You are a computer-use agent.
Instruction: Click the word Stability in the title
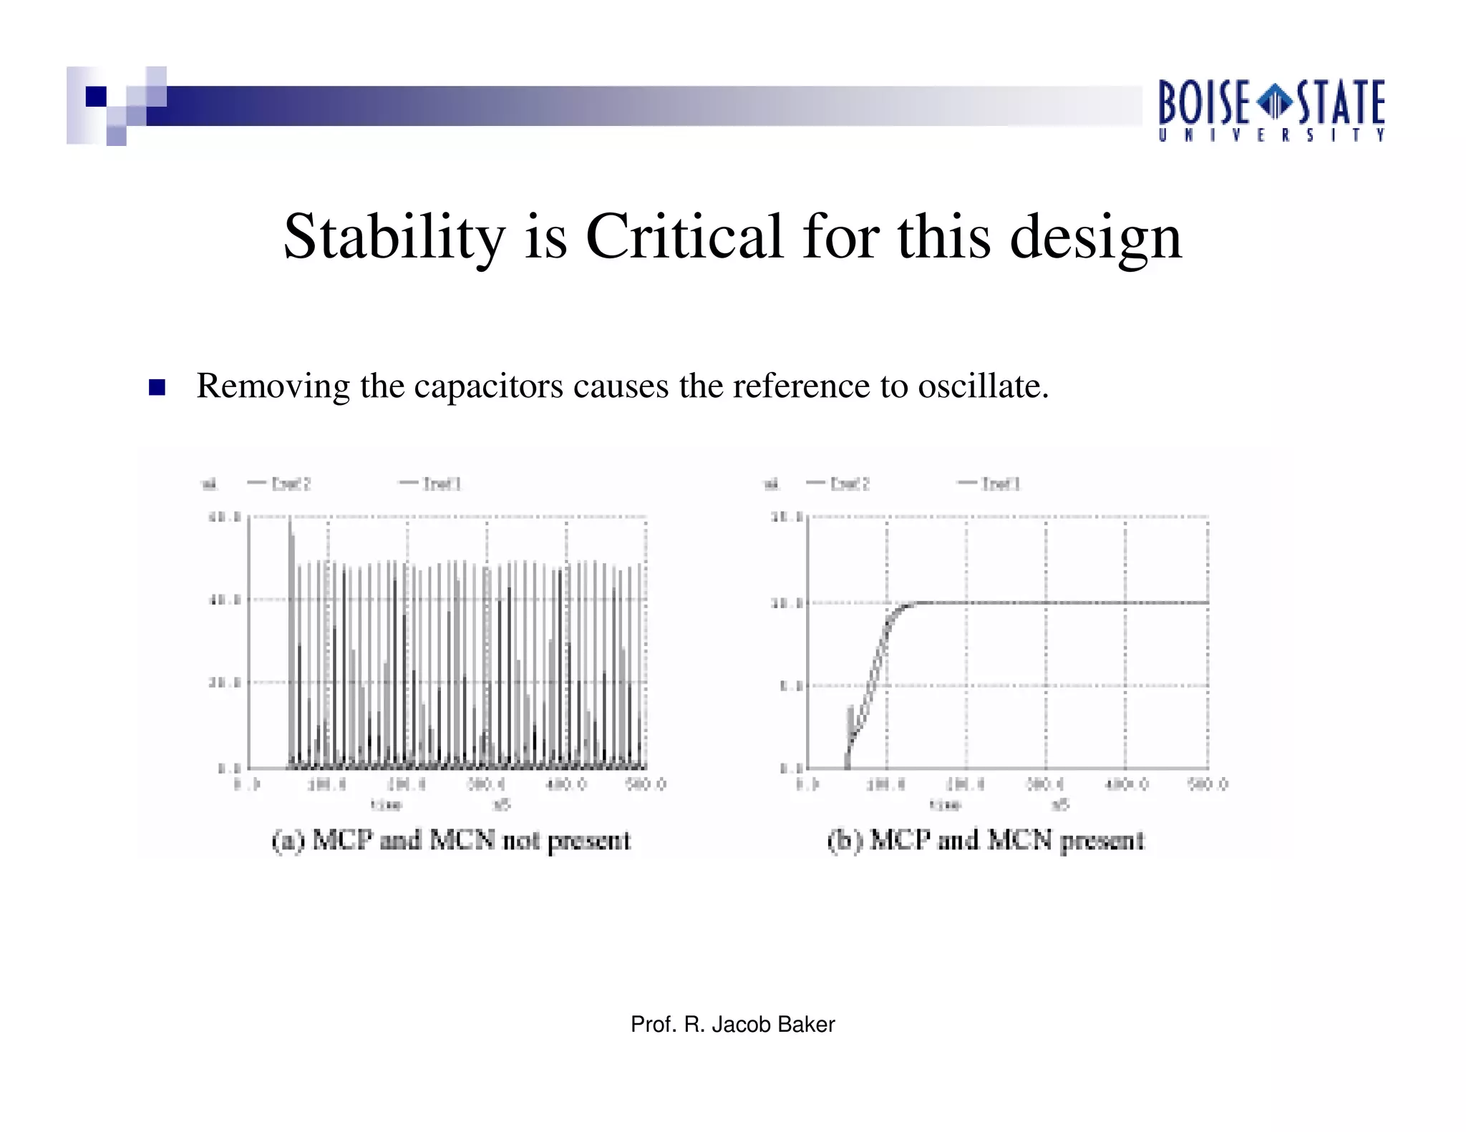394,238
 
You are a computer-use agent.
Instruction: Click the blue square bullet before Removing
157,387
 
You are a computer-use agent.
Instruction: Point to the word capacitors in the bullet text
488,386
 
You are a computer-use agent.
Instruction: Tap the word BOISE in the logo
1204,103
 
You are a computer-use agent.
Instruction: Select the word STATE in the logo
1341,103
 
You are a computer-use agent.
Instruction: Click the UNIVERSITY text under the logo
1272,135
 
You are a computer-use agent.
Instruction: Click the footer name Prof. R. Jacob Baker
732,1025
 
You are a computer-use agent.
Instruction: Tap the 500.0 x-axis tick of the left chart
646,784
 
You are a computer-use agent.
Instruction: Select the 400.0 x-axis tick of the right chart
1127,784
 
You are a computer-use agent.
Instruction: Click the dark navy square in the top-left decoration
96,97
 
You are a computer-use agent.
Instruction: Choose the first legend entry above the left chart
279,484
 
